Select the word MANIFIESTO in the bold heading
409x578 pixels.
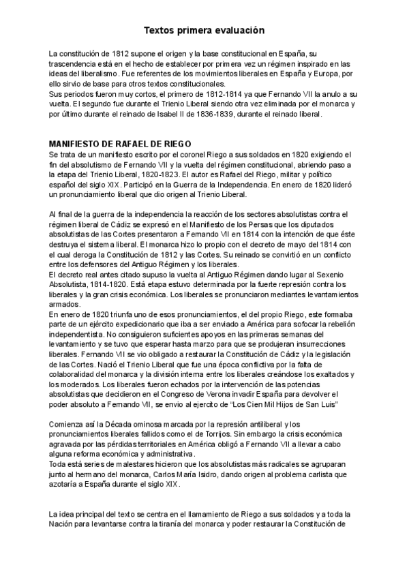(75, 144)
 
